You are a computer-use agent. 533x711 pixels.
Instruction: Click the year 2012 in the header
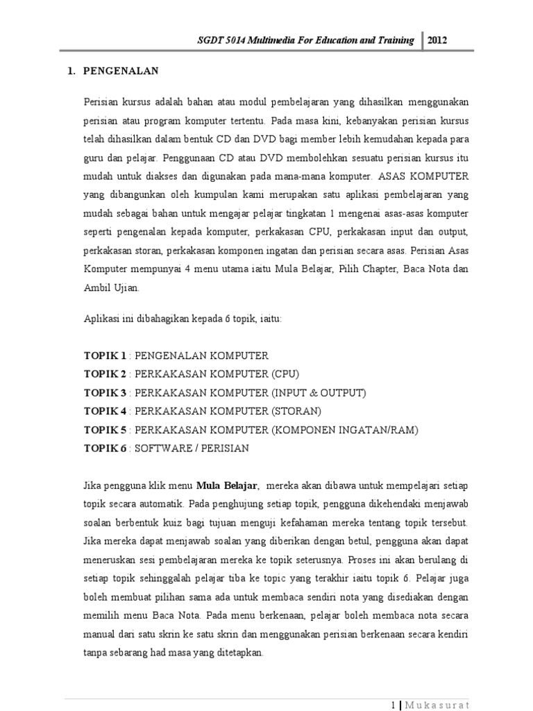pyautogui.click(x=437, y=40)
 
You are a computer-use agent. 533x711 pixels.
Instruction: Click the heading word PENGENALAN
pyautogui.click(x=121, y=71)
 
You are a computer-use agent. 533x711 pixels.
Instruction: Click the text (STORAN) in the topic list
pyautogui.click(x=297, y=412)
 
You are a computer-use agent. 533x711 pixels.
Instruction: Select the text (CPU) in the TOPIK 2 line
pyautogui.click(x=285, y=374)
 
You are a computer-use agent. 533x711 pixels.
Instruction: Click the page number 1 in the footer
pyautogui.click(x=394, y=703)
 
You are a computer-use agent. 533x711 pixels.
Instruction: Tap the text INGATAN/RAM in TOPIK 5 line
pyautogui.click(x=379, y=430)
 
